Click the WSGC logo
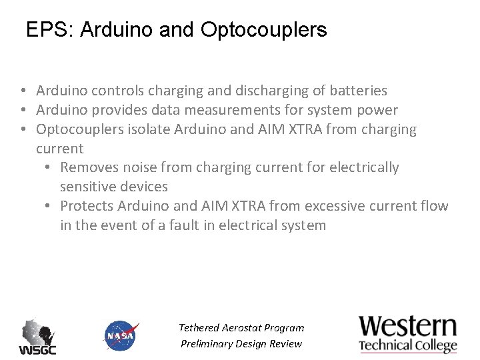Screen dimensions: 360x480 pos(37,337)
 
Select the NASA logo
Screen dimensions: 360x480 pos(121,336)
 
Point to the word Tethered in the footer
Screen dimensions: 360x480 pos(200,328)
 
